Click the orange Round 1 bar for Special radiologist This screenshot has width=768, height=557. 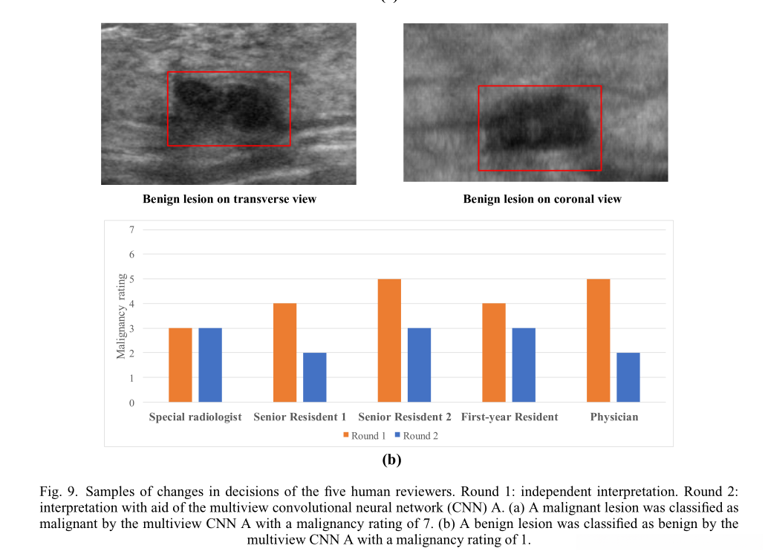[x=180, y=365]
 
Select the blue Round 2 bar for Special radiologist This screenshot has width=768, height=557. [x=210, y=365]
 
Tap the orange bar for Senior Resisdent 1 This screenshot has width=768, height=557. [x=285, y=353]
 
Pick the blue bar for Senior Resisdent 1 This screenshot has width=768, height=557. [x=315, y=377]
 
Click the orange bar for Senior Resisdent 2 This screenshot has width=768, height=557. [x=389, y=340]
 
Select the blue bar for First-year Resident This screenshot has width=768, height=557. [x=524, y=365]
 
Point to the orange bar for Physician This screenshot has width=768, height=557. [x=599, y=340]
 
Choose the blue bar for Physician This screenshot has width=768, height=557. [x=628, y=377]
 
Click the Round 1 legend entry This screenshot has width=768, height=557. [x=365, y=436]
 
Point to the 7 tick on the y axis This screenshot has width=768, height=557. [x=131, y=229]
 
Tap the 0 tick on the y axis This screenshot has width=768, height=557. [x=131, y=403]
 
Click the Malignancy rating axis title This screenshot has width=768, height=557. [x=122, y=316]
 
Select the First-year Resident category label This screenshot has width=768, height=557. [x=510, y=417]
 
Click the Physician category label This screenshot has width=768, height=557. [x=614, y=417]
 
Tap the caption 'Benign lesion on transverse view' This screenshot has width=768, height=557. [x=230, y=199]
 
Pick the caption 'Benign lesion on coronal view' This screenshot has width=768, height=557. [x=542, y=199]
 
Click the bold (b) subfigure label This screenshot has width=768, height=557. [x=391, y=460]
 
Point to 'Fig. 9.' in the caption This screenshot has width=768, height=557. [x=58, y=492]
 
